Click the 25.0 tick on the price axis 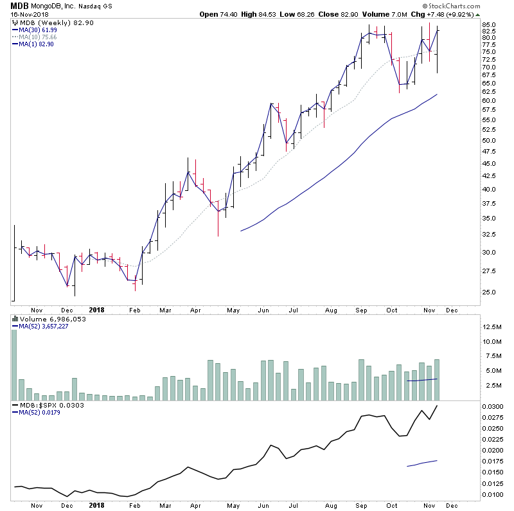[x=490, y=292]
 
